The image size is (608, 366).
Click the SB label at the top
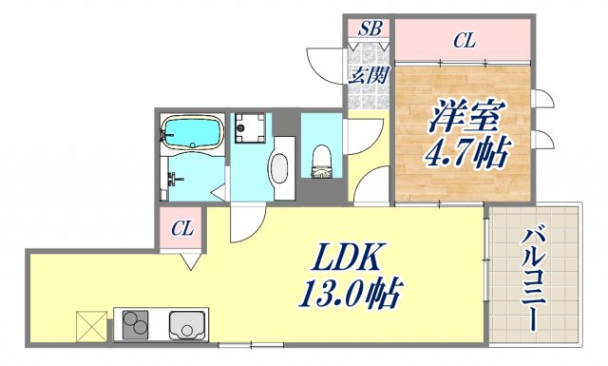tap(369, 30)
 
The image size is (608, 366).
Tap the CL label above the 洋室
tap(464, 40)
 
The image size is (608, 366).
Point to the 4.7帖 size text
tap(463, 152)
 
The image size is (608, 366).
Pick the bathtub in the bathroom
tap(193, 132)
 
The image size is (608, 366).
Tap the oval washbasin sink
tap(279, 168)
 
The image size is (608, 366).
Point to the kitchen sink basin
tap(187, 325)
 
